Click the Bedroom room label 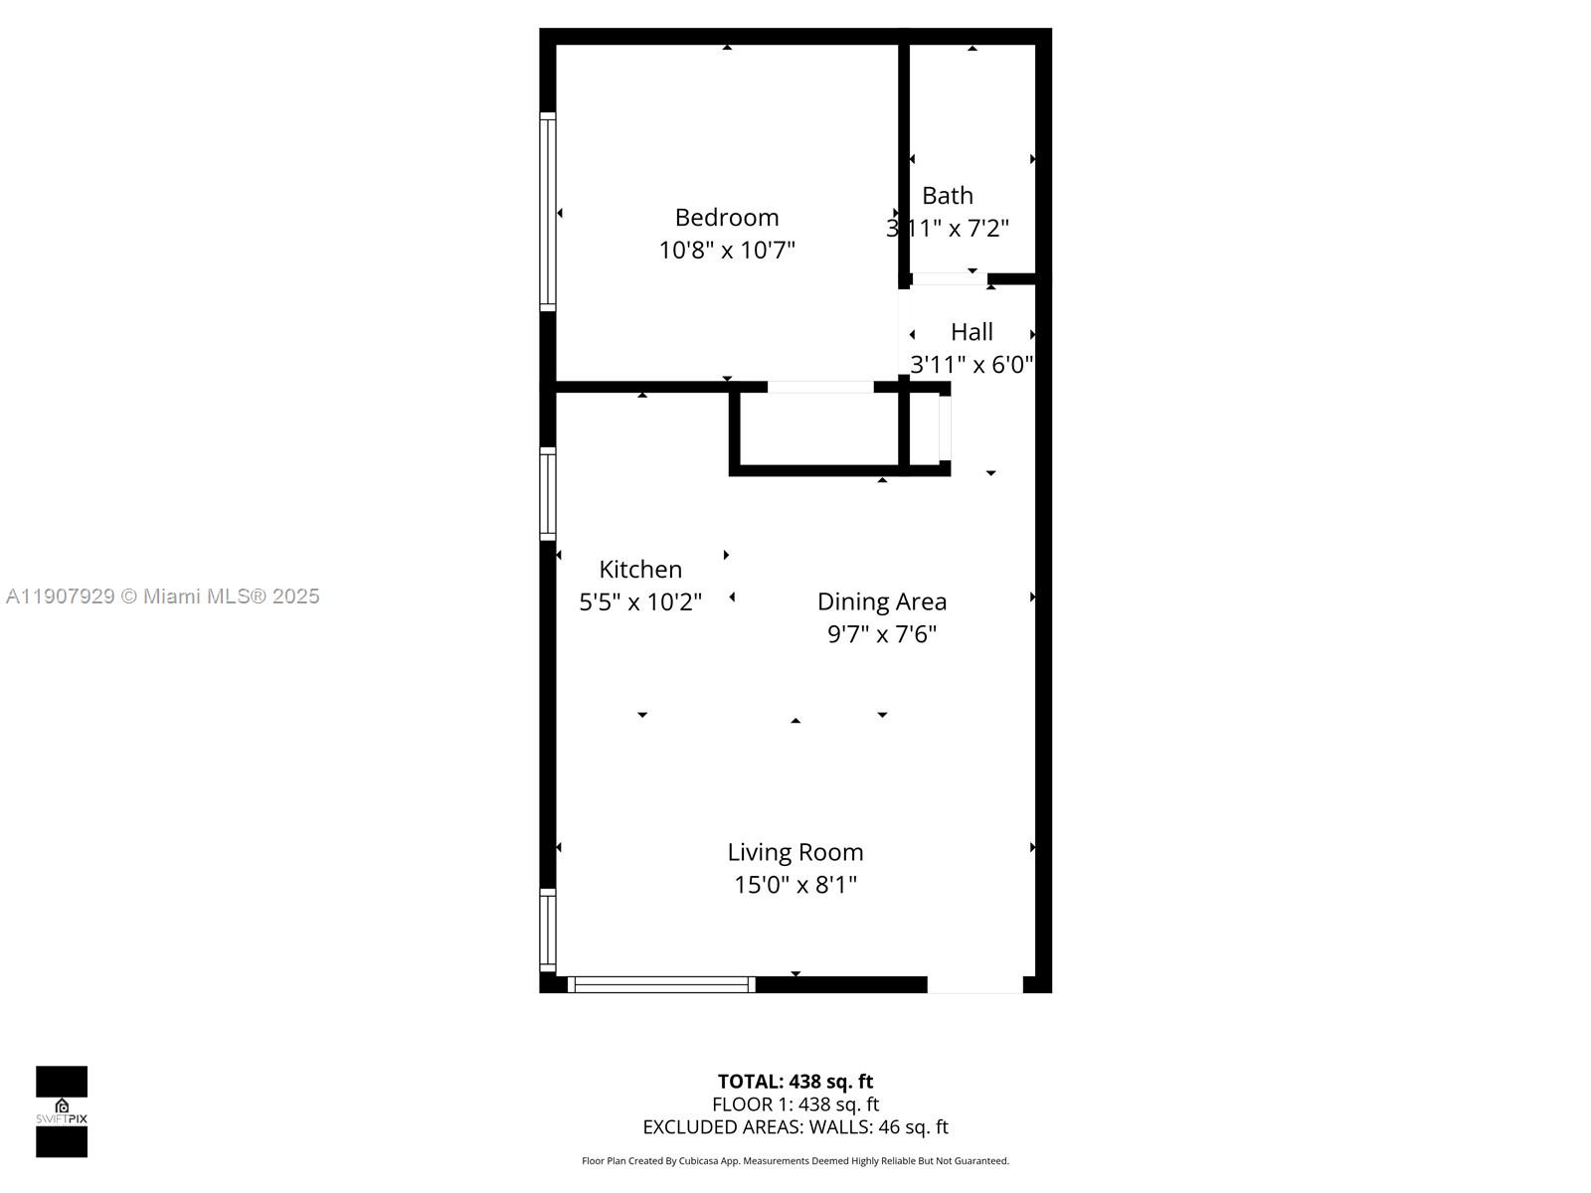tap(726, 218)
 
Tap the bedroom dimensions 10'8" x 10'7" tap(726, 251)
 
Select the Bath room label tap(947, 196)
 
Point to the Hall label tap(972, 332)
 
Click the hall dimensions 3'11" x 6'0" tap(972, 365)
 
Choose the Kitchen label tap(640, 570)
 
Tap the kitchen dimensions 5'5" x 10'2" tap(640, 602)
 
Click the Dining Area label tap(881, 601)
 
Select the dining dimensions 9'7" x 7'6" tap(881, 634)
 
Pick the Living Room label tap(795, 852)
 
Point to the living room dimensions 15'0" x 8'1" tap(795, 885)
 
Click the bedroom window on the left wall tap(547, 212)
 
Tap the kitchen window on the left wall tap(547, 494)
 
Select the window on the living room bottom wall tap(661, 984)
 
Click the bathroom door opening tap(949, 279)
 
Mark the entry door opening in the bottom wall tap(974, 984)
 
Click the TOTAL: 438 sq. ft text tap(795, 1082)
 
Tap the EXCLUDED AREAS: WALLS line tap(795, 1127)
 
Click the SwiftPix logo tap(62, 1111)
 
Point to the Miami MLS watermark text tap(163, 596)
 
